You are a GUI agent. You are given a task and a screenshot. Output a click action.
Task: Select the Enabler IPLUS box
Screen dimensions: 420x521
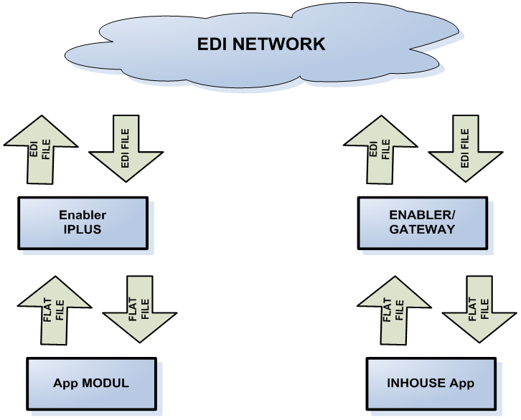tap(82, 222)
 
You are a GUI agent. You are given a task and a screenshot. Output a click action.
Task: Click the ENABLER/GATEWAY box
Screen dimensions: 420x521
tap(422, 222)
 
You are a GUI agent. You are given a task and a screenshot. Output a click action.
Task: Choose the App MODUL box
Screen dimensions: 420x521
tap(90, 383)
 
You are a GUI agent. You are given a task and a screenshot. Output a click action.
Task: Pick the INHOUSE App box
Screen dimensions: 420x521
tap(431, 383)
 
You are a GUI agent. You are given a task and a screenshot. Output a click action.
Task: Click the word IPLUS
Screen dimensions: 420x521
tap(83, 229)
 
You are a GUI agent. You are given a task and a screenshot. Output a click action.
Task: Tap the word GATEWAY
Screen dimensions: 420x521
tap(422, 229)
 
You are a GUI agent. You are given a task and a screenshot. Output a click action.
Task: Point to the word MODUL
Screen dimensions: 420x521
tap(105, 383)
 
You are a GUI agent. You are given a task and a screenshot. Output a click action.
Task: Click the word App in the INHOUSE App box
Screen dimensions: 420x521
tap(462, 383)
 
